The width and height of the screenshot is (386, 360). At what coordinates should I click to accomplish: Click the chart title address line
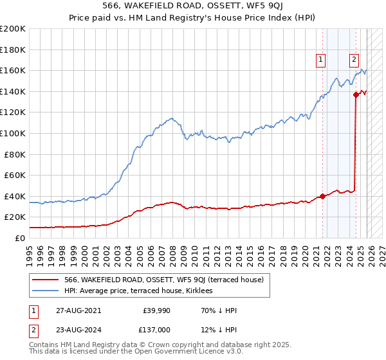193,6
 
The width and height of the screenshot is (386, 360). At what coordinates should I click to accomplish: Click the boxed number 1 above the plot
321,60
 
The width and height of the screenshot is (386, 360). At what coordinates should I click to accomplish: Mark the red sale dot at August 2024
356,94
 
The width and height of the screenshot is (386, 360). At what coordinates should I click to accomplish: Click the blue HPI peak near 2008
170,118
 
